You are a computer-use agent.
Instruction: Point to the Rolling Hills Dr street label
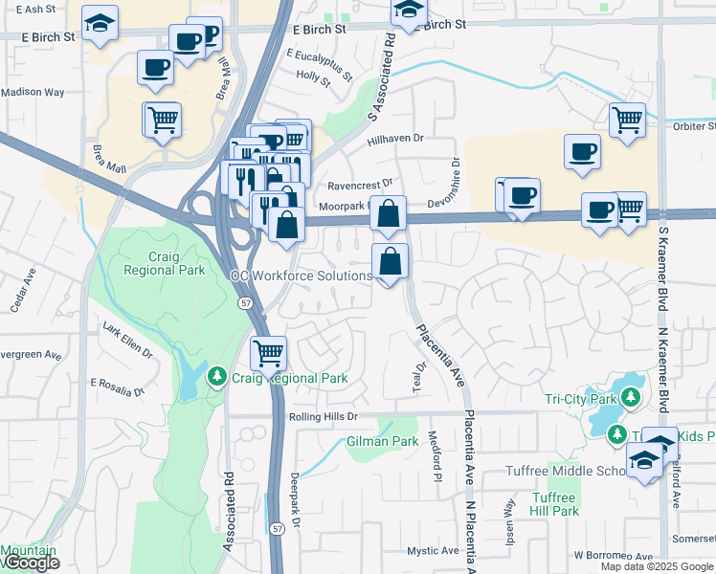[x=323, y=417]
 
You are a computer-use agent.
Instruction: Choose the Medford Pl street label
[x=436, y=464]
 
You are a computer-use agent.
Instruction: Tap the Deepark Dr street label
[x=296, y=500]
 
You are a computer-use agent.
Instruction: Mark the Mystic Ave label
[x=433, y=551]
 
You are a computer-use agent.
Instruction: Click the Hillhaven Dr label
[x=396, y=140]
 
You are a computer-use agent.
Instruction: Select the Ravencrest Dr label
[x=360, y=184]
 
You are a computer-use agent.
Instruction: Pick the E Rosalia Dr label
[x=116, y=387]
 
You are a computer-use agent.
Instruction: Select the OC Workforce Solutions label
[x=301, y=276]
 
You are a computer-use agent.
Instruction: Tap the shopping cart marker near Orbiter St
[x=627, y=121]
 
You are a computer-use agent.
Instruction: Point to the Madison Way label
[x=33, y=93]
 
